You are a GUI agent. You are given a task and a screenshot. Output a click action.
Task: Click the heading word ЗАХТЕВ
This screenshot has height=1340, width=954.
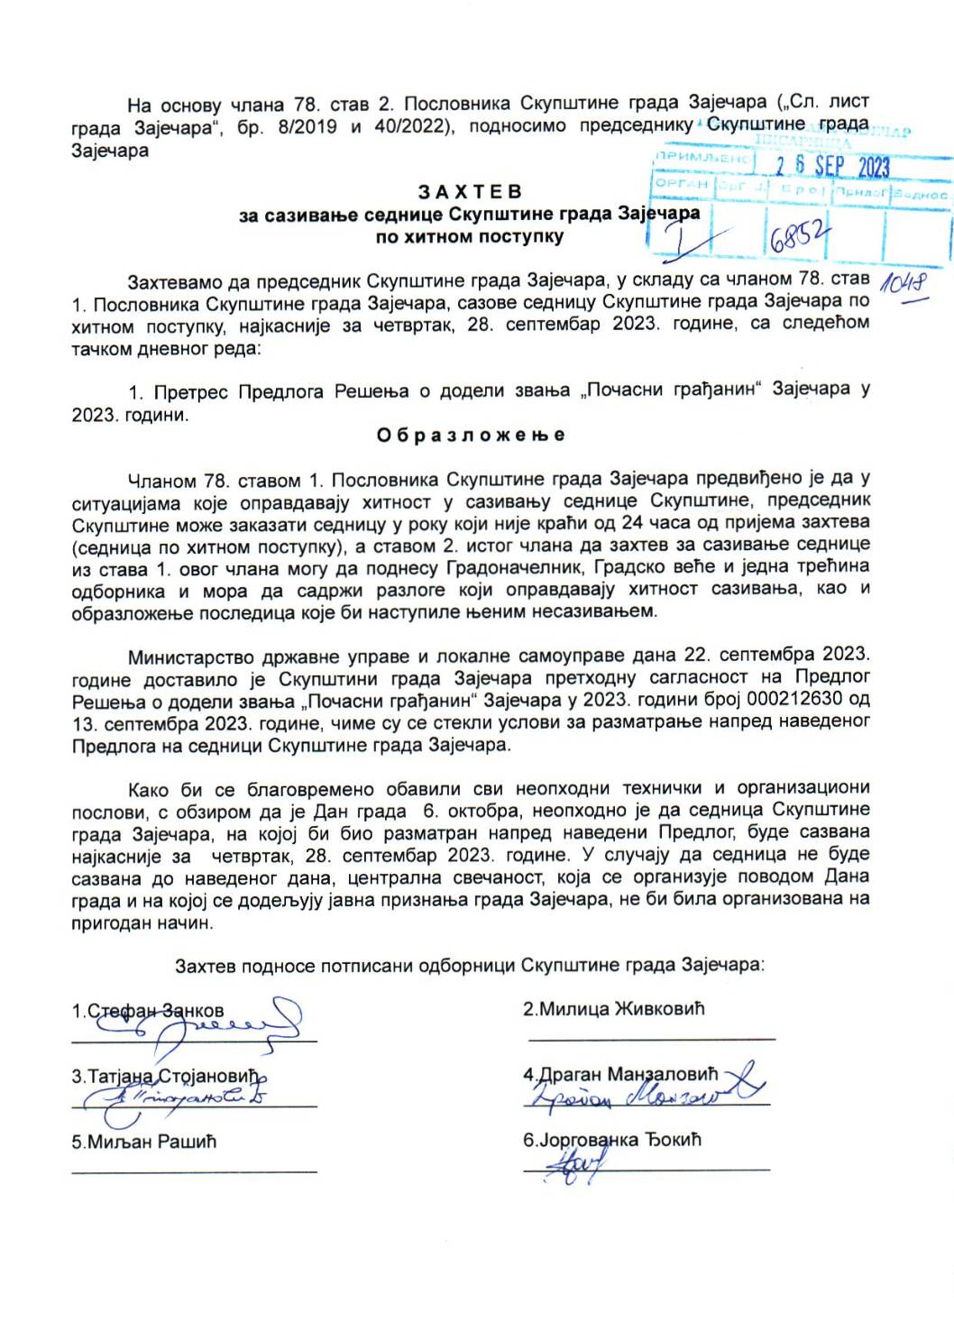[470, 191]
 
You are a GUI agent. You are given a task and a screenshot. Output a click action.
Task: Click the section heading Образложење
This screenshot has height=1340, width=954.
[471, 435]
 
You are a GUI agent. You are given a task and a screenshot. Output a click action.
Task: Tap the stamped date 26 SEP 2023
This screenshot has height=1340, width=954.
[832, 166]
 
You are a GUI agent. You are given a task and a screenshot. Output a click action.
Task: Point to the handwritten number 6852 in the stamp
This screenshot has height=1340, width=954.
[797, 237]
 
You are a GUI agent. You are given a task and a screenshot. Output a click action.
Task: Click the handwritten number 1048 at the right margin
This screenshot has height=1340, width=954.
[904, 284]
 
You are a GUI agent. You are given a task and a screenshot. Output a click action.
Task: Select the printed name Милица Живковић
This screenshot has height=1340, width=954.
[613, 1009]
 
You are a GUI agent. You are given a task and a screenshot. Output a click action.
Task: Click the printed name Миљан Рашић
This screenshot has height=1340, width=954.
[144, 1142]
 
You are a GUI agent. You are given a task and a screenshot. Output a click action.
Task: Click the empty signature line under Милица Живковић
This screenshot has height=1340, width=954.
[651, 1040]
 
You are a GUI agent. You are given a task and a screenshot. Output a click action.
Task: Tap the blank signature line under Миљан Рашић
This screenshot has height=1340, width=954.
[194, 1171]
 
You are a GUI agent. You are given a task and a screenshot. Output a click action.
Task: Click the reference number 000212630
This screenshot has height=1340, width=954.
[788, 700]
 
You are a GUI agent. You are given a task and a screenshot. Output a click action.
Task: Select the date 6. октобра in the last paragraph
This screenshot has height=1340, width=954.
[462, 810]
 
